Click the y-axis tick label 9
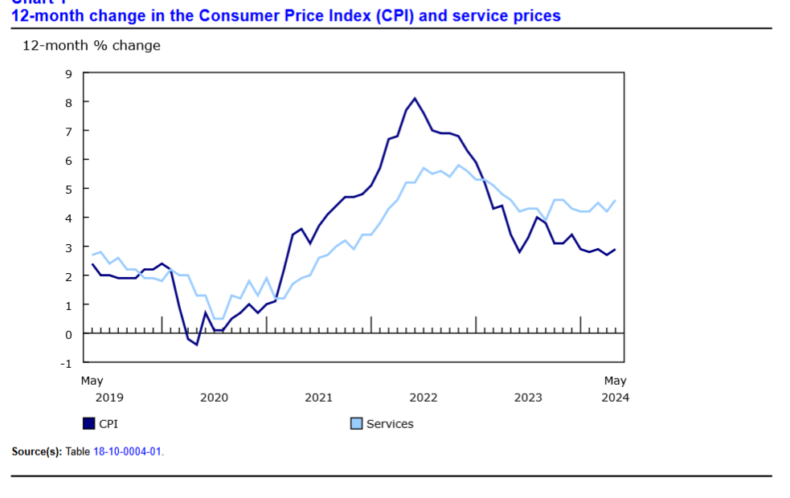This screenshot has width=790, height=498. (x=68, y=74)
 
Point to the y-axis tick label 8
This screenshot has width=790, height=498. (x=68, y=103)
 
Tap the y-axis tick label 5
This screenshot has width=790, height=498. (x=68, y=189)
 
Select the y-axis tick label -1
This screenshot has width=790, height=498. (x=66, y=362)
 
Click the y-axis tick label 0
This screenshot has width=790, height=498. (x=68, y=333)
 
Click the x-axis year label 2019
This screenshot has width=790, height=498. (x=109, y=397)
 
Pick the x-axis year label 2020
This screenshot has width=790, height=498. (x=214, y=397)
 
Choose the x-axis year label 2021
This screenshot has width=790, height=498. (x=318, y=397)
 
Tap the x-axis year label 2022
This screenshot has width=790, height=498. (x=423, y=397)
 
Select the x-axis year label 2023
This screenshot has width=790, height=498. (x=528, y=397)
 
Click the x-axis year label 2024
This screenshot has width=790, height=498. (x=615, y=397)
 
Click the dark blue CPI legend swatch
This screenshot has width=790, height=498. (x=89, y=423)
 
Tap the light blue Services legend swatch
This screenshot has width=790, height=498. (x=357, y=423)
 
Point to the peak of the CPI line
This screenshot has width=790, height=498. (x=415, y=99)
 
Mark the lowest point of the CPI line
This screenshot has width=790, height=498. (x=196, y=345)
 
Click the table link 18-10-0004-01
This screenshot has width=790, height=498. (x=127, y=451)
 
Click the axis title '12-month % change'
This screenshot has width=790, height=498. (x=92, y=46)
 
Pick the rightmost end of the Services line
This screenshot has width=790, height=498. (x=616, y=201)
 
